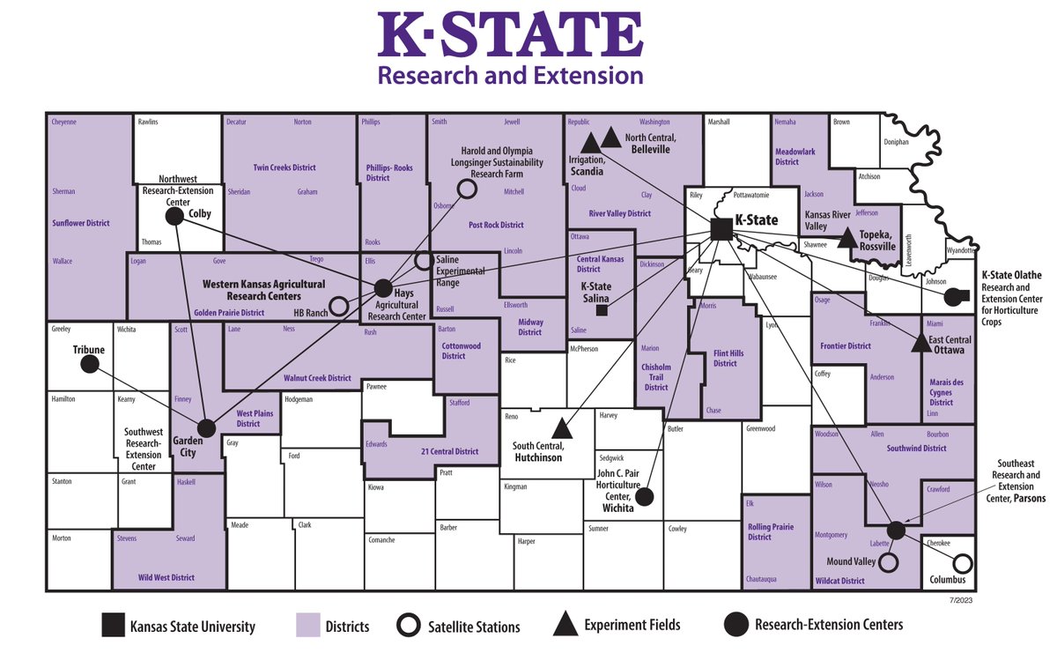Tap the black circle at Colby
pos(174,217)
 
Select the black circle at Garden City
pos(206,428)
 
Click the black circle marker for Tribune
pos(88,366)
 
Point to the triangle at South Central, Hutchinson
pos(561,428)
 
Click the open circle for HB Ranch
pos(338,312)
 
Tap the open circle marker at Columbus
pos(963,562)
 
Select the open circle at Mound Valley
pos(889,561)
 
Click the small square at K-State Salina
pos(602,309)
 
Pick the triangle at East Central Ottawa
pos(920,343)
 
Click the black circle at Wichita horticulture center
pos(644,497)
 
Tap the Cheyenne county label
pos(64,122)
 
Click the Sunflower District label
pos(80,223)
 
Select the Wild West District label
pos(166,578)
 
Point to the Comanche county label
pos(381,539)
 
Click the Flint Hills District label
pos(728,358)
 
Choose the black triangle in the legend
pos(565,625)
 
